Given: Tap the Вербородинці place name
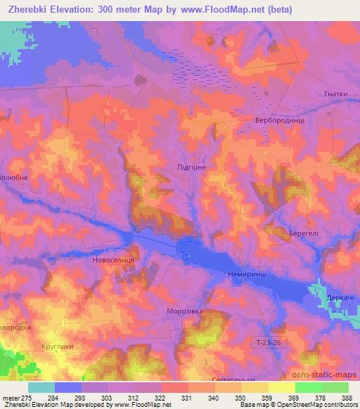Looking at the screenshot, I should click(280, 120).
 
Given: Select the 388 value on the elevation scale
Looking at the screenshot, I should click(347, 397).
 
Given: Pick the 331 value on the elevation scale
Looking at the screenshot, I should click(187, 397).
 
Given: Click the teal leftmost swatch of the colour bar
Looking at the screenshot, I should click(41, 387).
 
